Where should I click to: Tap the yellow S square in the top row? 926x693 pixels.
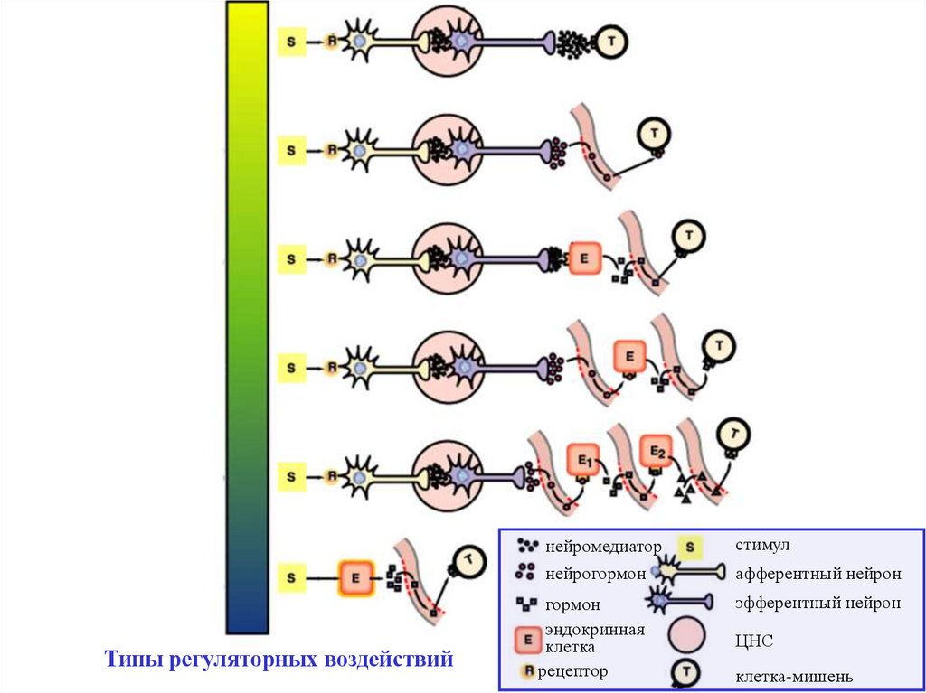[290, 42]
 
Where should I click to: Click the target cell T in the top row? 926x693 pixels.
[610, 42]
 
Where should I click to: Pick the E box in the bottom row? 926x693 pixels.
[356, 576]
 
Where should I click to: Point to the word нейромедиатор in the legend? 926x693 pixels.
[602, 546]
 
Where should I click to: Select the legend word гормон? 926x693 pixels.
[572, 603]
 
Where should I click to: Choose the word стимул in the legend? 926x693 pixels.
[763, 546]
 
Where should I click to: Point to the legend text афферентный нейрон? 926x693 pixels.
[817, 574]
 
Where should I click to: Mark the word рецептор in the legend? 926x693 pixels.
[573, 671]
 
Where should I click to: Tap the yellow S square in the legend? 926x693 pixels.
[690, 547]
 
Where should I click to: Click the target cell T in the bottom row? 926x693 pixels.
[468, 562]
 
